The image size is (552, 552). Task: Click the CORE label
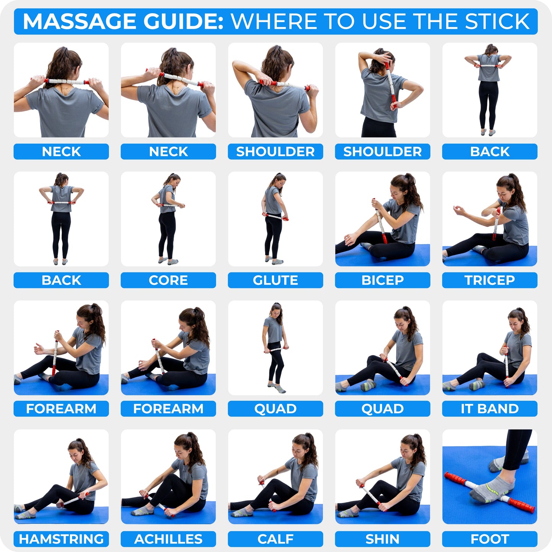click(x=168, y=280)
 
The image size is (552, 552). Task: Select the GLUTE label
click(x=275, y=280)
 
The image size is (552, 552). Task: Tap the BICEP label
click(x=382, y=280)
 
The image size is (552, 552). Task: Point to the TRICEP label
click(x=489, y=280)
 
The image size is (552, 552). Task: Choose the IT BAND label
click(x=489, y=409)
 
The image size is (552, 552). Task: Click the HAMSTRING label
click(x=61, y=539)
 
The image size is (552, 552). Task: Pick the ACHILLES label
click(x=168, y=539)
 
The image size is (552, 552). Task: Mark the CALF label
click(x=275, y=539)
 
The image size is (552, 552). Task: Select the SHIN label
click(x=382, y=539)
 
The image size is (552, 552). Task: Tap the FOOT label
click(x=489, y=539)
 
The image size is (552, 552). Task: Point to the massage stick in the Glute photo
click(x=275, y=217)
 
